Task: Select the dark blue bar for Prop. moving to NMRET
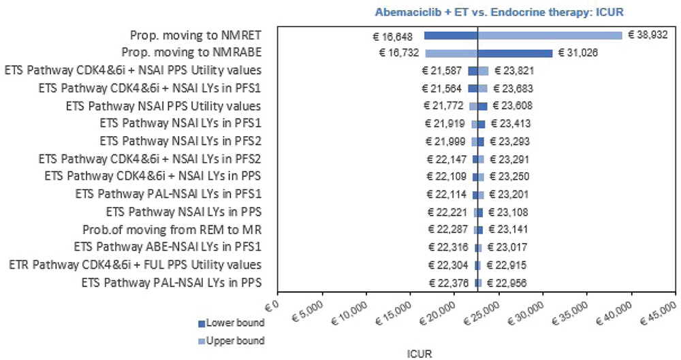[451, 35]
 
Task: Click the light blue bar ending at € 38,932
[550, 35]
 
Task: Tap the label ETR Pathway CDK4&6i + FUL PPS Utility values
[135, 265]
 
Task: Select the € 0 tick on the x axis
[270, 299]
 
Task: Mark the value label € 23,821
[512, 71]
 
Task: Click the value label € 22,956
[505, 283]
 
